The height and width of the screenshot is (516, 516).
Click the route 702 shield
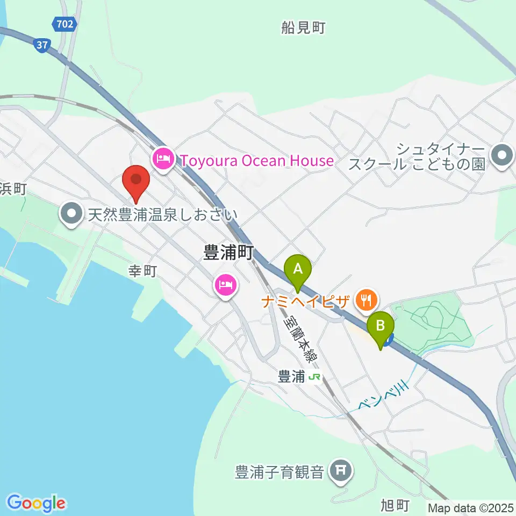(x=66, y=24)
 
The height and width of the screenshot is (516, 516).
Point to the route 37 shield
(x=41, y=45)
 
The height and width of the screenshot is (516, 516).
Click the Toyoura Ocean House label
(x=256, y=160)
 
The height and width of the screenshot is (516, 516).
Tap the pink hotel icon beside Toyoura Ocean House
(x=163, y=159)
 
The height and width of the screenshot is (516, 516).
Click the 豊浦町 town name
(x=228, y=253)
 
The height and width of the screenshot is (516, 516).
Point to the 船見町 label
(x=303, y=28)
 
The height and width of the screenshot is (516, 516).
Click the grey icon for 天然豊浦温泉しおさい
(x=71, y=216)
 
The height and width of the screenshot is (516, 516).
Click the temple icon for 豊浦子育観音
(x=340, y=471)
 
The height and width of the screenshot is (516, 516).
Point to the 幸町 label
(x=142, y=271)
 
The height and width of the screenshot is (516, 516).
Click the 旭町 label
(x=395, y=506)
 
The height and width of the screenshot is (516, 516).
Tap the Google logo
(x=36, y=504)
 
